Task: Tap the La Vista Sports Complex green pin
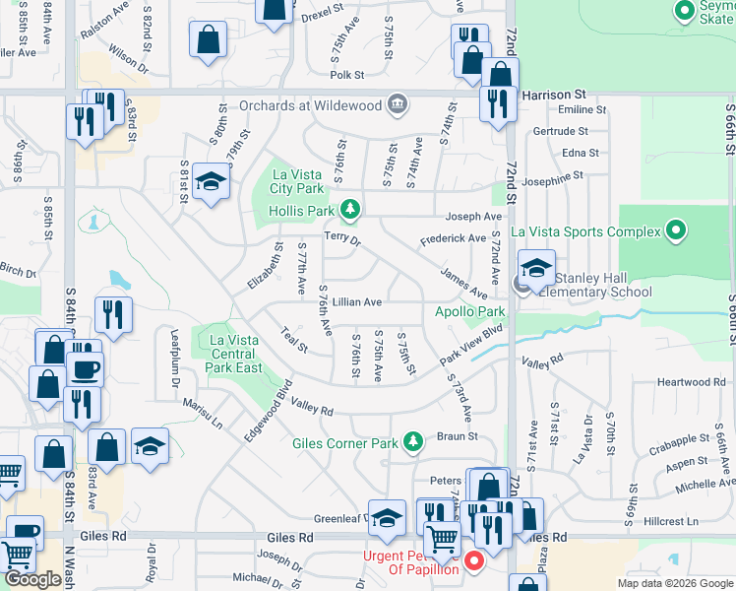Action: click(x=675, y=231)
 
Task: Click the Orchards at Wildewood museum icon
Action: click(x=398, y=102)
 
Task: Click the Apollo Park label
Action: click(x=470, y=311)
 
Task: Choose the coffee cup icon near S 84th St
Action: click(x=84, y=369)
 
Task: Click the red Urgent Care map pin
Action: click(x=473, y=561)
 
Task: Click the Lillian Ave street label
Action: click(x=356, y=302)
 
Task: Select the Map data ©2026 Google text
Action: click(x=674, y=583)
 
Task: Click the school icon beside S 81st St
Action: click(x=210, y=182)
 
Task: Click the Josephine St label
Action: click(x=562, y=180)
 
